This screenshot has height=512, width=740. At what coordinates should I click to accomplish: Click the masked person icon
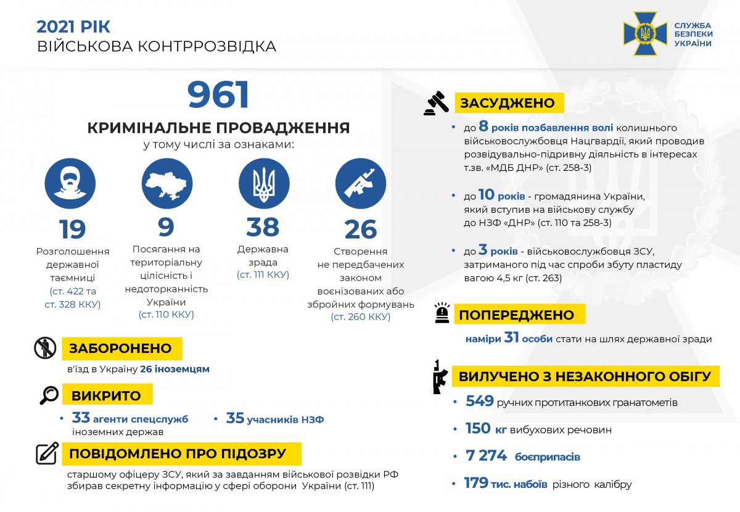70,183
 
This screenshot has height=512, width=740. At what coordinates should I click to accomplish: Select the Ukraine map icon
166,183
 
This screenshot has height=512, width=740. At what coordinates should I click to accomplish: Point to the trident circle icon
263,183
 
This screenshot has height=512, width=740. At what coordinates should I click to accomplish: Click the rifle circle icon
360,183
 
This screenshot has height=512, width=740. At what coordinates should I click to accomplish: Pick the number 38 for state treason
263,227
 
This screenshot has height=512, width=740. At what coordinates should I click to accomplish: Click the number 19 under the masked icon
72,229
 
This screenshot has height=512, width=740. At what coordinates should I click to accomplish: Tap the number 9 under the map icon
166,226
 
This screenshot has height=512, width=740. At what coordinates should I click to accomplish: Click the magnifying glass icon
48,395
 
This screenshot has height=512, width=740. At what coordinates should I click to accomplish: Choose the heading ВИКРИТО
106,395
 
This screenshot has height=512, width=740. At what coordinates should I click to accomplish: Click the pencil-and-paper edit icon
47,453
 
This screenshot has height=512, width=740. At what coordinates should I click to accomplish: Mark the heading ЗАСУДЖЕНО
508,103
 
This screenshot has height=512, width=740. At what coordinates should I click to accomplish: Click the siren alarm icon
442,314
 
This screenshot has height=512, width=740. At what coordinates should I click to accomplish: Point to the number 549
480,402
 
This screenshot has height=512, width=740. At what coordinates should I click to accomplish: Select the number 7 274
487,456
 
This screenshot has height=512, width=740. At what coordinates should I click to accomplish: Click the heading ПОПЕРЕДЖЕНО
516,315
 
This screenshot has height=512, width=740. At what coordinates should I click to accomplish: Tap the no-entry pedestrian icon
45,349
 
